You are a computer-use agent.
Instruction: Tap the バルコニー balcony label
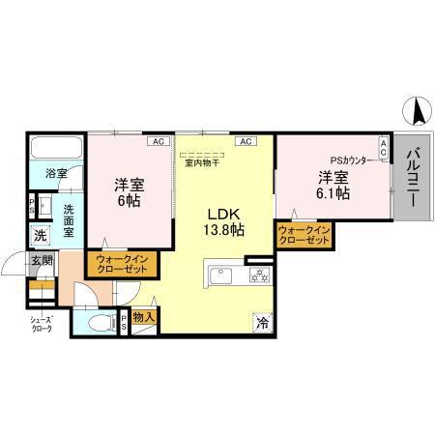coord(412,179)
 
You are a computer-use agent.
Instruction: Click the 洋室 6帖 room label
coord(130,190)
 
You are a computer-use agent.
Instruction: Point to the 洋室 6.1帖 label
coord(333,185)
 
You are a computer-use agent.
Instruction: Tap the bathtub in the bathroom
coord(55,150)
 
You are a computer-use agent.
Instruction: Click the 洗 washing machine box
coord(40,235)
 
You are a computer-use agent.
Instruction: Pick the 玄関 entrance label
coord(41,261)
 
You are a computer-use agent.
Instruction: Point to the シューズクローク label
coord(38,325)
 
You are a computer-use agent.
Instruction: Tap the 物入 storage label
coord(144,315)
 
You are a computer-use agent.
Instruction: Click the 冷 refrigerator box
coord(261,323)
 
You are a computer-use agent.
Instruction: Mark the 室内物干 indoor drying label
coord(201,162)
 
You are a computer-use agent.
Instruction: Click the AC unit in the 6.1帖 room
coord(383,148)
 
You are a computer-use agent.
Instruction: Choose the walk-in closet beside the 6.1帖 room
coord(304,234)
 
